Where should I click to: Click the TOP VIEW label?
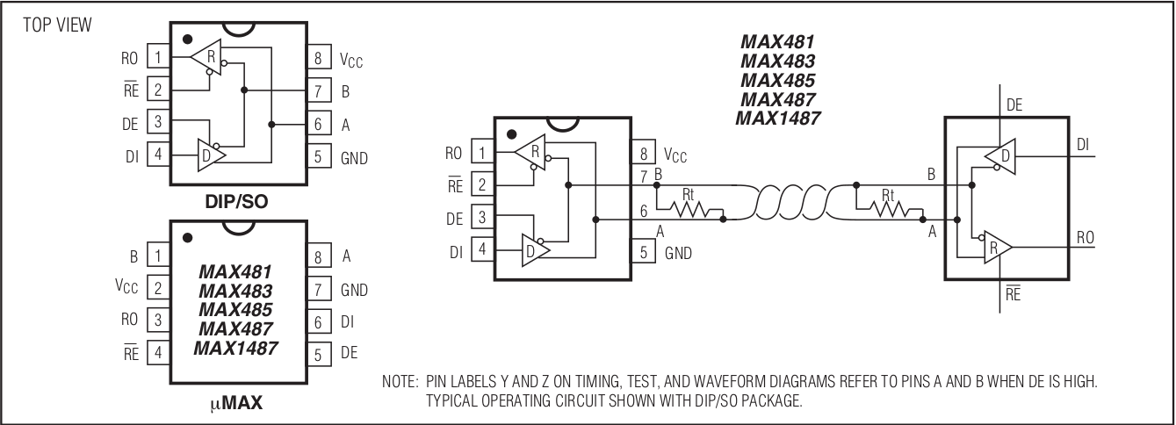57,25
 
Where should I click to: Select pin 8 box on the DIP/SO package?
319,57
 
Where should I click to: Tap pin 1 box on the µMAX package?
158,255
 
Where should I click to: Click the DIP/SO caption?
236,201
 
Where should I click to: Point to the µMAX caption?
236,403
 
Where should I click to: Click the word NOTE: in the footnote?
400,381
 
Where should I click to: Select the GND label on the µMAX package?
354,290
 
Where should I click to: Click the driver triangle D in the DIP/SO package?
212,155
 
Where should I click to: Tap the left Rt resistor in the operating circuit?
689,209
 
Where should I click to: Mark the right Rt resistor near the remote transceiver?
889,209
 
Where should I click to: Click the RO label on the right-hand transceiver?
1086,238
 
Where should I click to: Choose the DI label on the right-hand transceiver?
1083,144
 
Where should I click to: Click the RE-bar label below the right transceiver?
1013,293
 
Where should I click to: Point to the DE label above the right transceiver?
1014,105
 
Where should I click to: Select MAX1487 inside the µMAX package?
235,348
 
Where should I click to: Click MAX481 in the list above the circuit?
777,42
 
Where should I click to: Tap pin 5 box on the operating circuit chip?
643,252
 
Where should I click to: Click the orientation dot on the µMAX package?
187,238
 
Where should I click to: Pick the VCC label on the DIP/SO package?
351,60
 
